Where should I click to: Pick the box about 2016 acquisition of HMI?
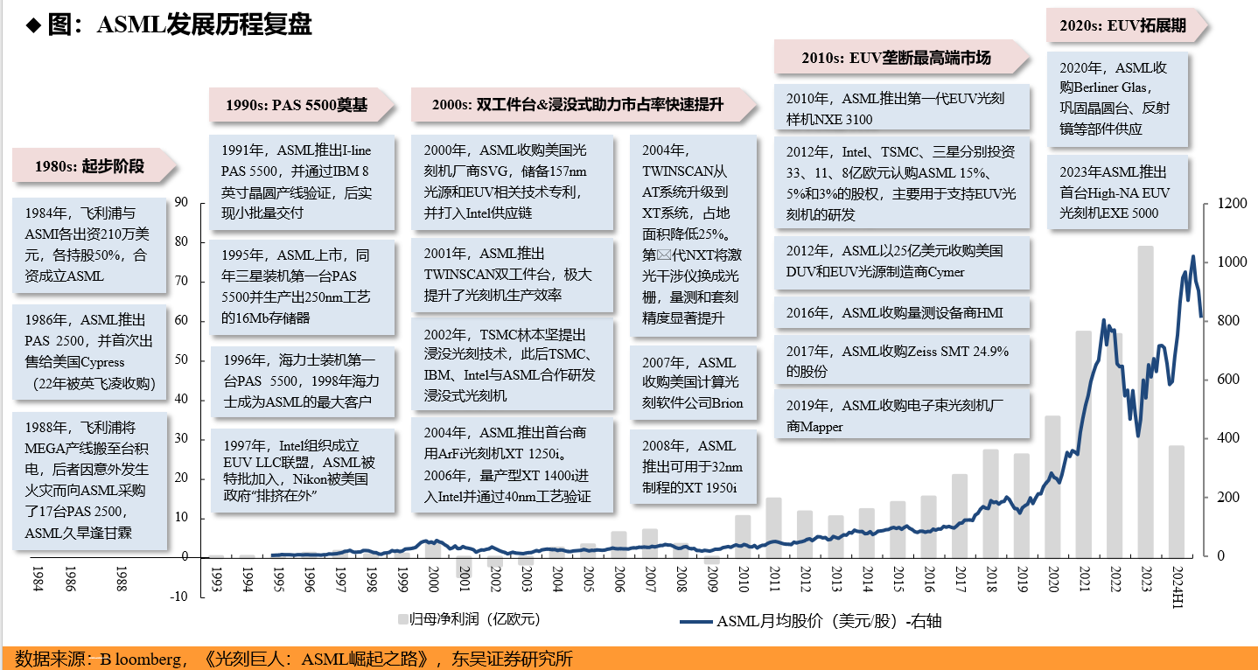click(x=902, y=312)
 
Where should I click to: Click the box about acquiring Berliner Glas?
click(x=1117, y=98)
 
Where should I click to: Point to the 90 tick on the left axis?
click(x=182, y=202)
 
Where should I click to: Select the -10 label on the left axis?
click(x=178, y=597)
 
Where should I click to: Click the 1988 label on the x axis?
click(x=122, y=578)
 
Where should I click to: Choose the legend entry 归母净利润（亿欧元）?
click(x=470, y=619)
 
